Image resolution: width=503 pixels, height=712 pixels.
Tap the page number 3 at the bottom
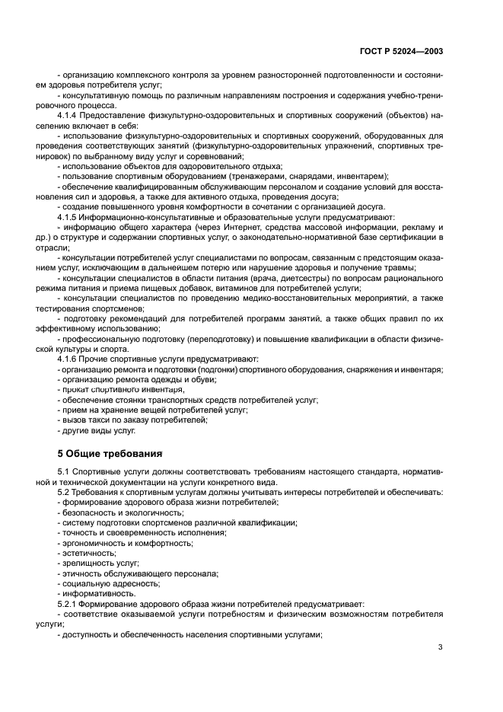pos(441,647)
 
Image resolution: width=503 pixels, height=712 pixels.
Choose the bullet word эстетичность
pos(87,553)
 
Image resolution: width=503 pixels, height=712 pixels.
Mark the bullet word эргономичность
pos(92,543)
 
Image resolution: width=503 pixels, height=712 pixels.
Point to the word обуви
pos(185,378)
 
